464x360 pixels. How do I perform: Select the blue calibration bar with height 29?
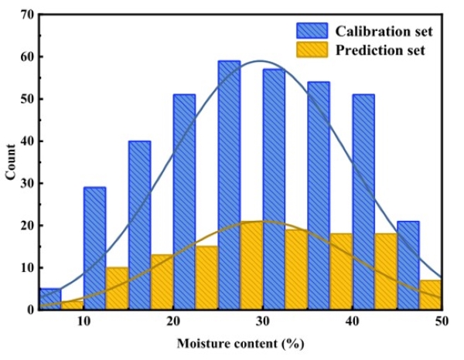pyautogui.click(x=94, y=247)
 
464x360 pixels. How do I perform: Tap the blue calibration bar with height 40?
pyautogui.click(x=139, y=224)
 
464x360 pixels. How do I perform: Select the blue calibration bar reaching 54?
pyautogui.click(x=319, y=193)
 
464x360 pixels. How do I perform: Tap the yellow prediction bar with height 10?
pyautogui.click(x=117, y=288)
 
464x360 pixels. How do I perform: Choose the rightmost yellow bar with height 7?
pyautogui.click(x=431, y=294)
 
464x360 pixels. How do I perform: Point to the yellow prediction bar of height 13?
pyautogui.click(x=162, y=282)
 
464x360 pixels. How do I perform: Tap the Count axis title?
pyautogui.click(x=10, y=162)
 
